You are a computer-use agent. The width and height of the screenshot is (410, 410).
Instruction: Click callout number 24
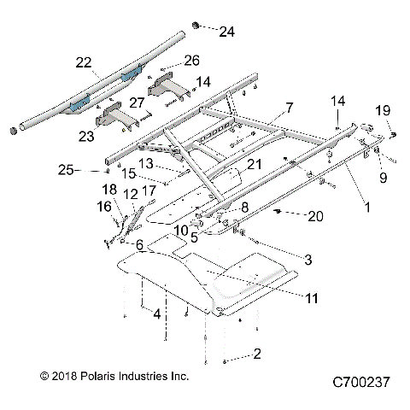pyautogui.click(x=225, y=32)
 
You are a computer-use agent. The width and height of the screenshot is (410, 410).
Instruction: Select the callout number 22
pyautogui.click(x=83, y=62)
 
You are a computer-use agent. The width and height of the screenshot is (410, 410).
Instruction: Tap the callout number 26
pyautogui.click(x=191, y=61)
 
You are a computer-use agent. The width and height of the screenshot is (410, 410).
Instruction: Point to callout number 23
pyautogui.click(x=86, y=134)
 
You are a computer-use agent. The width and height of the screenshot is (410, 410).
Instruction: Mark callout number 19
pyautogui.click(x=384, y=109)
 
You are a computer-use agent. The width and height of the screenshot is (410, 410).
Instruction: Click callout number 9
pyautogui.click(x=384, y=178)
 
